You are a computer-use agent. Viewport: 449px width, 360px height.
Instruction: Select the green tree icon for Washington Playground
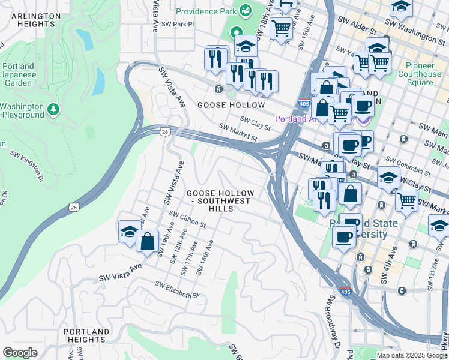tap(54, 109)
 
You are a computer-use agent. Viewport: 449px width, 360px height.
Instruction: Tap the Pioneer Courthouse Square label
tap(419, 74)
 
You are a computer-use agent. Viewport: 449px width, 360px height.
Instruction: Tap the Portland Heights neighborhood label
tap(87, 335)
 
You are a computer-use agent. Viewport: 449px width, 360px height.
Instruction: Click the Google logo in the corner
tap(20, 353)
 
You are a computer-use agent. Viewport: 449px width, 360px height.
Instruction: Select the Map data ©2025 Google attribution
tap(412, 355)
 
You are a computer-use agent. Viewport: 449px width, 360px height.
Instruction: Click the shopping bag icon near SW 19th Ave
tap(147, 241)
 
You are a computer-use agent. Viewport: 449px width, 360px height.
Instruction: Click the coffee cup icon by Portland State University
tap(344, 238)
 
